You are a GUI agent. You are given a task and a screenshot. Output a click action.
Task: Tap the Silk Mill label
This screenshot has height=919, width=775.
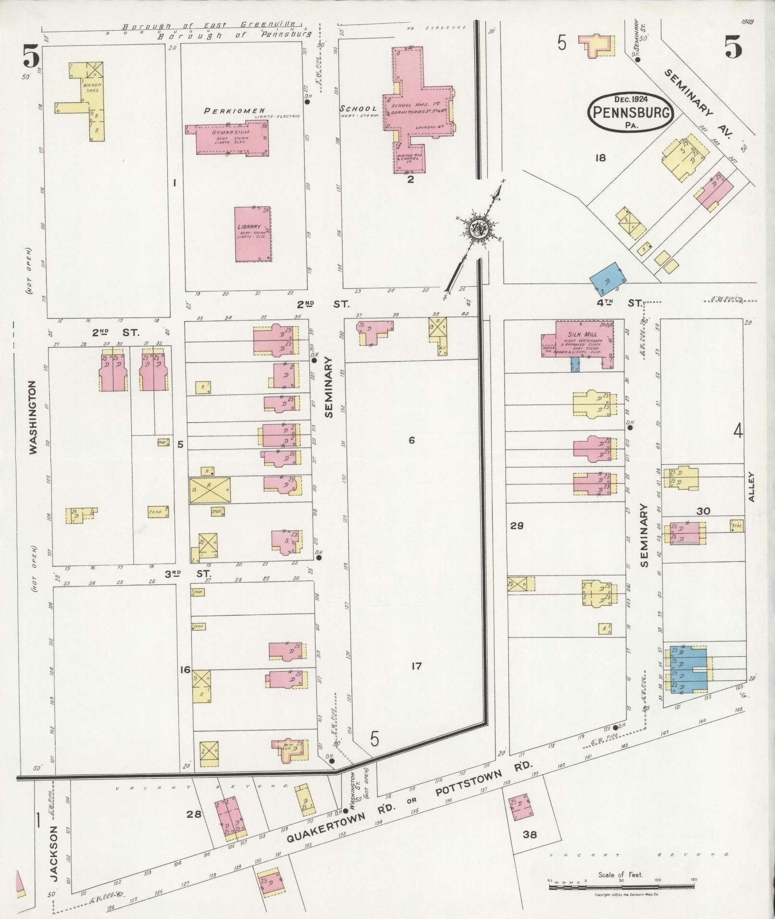(582, 334)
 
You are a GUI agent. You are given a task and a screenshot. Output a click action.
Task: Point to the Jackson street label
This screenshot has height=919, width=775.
(54, 854)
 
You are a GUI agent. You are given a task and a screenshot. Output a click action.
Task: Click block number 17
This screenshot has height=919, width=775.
(416, 666)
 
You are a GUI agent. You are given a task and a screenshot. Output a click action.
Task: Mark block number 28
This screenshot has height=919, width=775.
(194, 814)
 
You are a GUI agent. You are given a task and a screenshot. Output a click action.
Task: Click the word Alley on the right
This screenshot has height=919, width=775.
(751, 487)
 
